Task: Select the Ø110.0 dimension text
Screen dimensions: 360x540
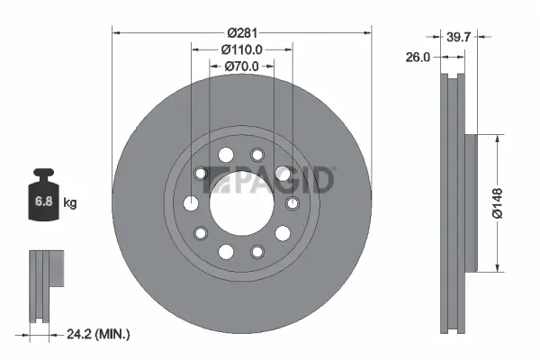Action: [241, 49]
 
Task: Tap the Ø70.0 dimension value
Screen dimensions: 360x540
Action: [241, 66]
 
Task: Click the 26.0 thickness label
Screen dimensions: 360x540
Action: [418, 56]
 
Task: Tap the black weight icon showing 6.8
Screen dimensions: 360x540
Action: [43, 198]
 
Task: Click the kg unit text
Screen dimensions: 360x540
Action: [70, 203]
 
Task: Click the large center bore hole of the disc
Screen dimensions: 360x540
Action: [241, 203]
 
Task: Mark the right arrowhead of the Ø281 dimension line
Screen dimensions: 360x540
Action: [367, 33]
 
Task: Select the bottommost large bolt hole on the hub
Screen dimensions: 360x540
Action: [226, 251]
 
